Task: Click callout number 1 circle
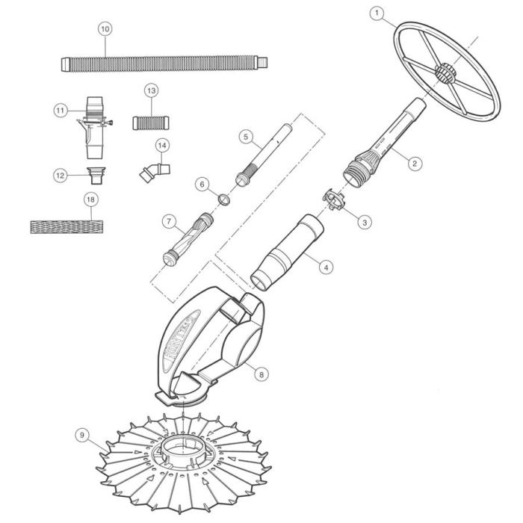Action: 377,13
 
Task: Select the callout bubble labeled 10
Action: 105,28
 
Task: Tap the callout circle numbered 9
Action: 81,433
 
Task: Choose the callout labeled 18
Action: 90,199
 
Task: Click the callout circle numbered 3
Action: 364,222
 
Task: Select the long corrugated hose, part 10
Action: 161,60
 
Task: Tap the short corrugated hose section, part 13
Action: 152,122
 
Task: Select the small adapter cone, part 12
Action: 96,177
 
